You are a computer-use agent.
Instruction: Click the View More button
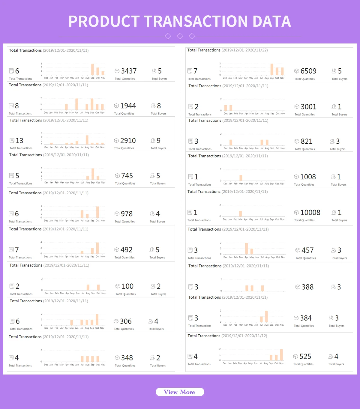180,392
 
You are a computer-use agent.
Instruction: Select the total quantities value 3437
129,71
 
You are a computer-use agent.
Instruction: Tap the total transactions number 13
19,141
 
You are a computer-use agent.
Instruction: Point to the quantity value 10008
310,213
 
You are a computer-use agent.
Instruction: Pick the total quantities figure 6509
308,71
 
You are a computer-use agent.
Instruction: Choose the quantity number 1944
128,106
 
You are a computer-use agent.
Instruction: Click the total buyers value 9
158,141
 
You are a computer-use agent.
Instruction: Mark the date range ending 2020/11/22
244,50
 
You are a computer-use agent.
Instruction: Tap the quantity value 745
127,176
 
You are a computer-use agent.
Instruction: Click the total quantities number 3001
308,107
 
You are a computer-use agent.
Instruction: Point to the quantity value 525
305,357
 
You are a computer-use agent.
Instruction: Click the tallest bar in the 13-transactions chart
87,140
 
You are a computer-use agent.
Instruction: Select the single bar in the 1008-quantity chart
241,178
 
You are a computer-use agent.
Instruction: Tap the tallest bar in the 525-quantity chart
281,355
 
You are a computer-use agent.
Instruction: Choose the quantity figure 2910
128,141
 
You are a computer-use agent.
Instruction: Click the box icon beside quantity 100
118,286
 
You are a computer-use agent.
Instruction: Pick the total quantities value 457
307,250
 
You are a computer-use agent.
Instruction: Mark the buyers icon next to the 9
153,141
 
